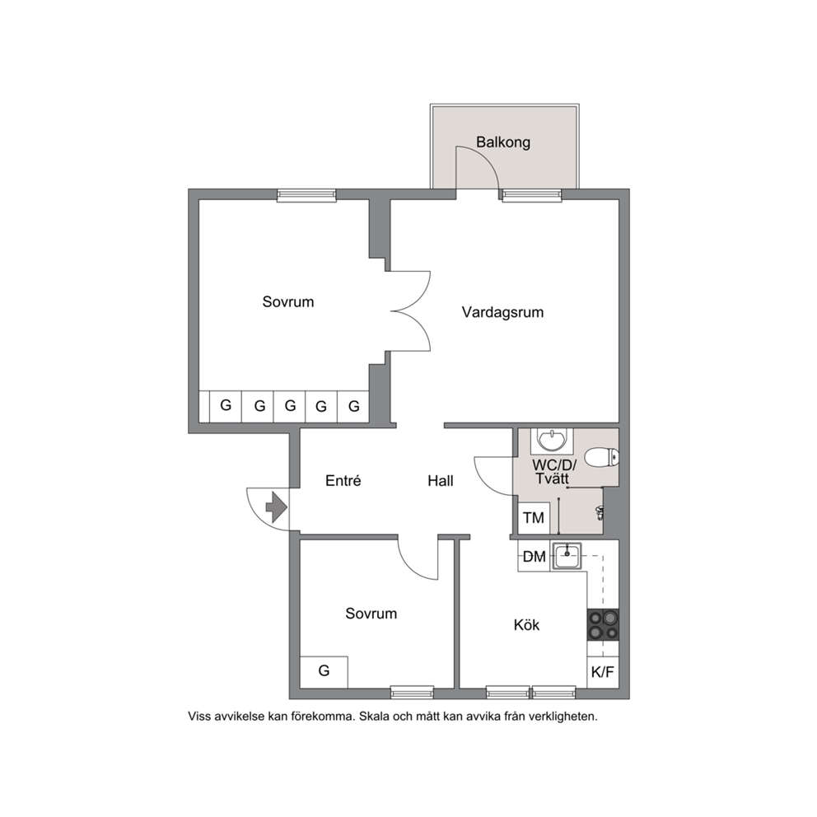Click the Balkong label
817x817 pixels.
[x=503, y=142]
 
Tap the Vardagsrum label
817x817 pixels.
[x=502, y=313]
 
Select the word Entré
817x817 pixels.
[x=343, y=480]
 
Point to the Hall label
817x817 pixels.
[x=441, y=481]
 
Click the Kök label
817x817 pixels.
[x=526, y=625]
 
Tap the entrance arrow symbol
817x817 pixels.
[x=276, y=507]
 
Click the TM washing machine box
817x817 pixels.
[x=534, y=518]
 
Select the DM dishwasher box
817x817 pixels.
[x=534, y=557]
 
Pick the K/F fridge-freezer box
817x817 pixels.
[x=603, y=672]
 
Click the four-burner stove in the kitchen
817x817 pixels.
[x=604, y=625]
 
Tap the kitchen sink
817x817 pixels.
[x=567, y=557]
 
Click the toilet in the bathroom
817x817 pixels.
[x=601, y=458]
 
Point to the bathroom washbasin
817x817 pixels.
[x=552, y=441]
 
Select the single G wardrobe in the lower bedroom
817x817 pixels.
[x=324, y=672]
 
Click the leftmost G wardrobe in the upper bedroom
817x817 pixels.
[x=226, y=406]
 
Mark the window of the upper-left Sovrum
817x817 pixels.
[x=306, y=195]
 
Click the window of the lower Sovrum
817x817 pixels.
[x=412, y=692]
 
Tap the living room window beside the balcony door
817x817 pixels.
[x=532, y=195]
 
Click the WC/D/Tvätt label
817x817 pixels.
[x=553, y=472]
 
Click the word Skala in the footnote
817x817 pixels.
[x=373, y=717]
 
